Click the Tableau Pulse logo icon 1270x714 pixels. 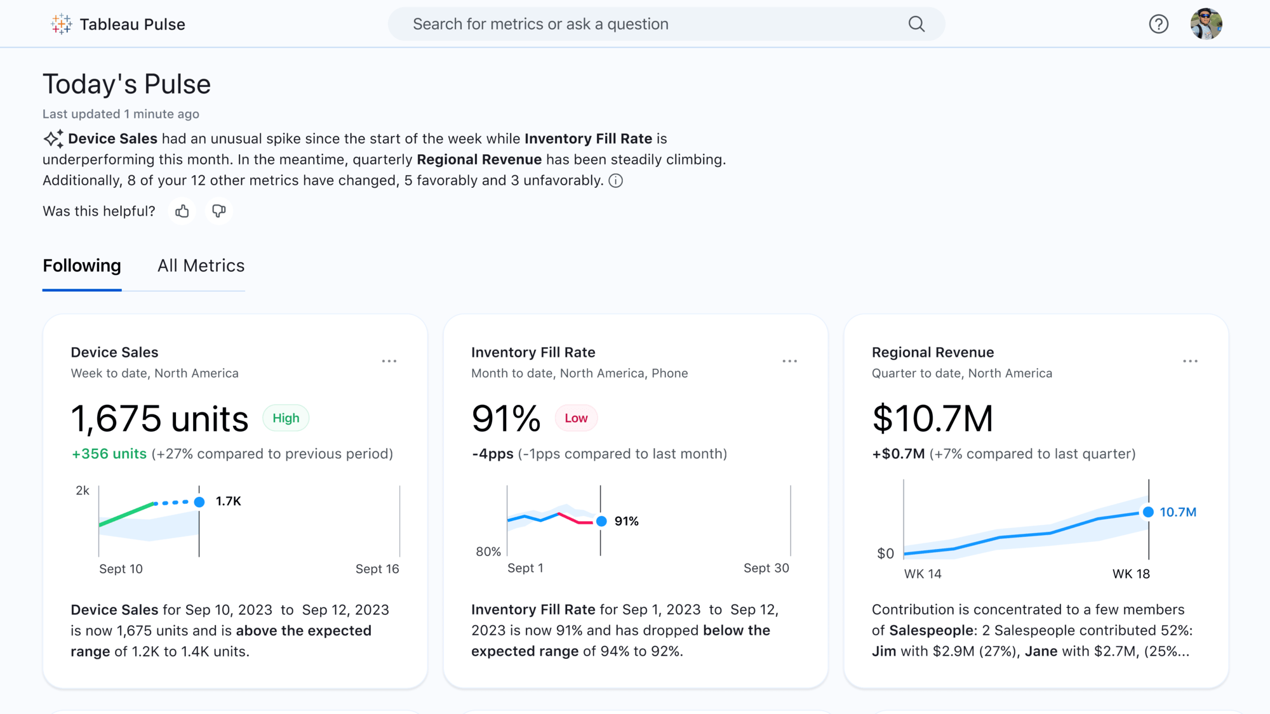pyautogui.click(x=62, y=24)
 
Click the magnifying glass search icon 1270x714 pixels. pyautogui.click(x=916, y=24)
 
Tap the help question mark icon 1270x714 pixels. pyautogui.click(x=1158, y=24)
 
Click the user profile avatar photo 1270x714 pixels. pyautogui.click(x=1206, y=24)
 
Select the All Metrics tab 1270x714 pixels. pyautogui.click(x=201, y=266)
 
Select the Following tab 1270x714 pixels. pyautogui.click(x=82, y=266)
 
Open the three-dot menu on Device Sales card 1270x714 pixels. pyautogui.click(x=389, y=361)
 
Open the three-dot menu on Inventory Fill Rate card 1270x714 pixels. pyautogui.click(x=789, y=361)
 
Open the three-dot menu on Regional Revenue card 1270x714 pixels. pyautogui.click(x=1190, y=361)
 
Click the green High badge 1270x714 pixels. pyautogui.click(x=286, y=418)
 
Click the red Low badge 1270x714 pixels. pyautogui.click(x=576, y=418)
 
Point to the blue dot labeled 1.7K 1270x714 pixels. pyautogui.click(x=199, y=502)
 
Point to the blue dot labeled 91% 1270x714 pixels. pyautogui.click(x=601, y=521)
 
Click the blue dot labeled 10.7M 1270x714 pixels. pyautogui.click(x=1148, y=512)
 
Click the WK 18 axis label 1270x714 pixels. pyautogui.click(x=1131, y=574)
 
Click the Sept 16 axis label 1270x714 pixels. pyautogui.click(x=377, y=569)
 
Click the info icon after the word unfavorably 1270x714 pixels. pyautogui.click(x=615, y=181)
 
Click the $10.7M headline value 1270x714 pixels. pyautogui.click(x=932, y=419)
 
